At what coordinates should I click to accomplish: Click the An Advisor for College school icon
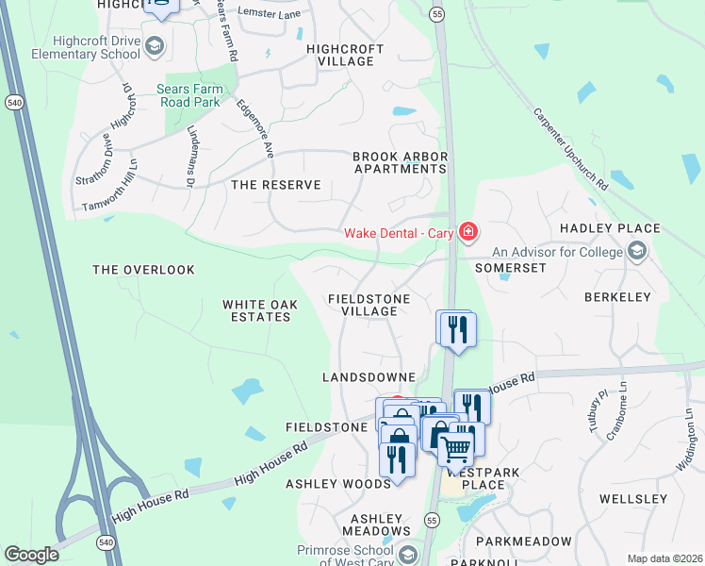tap(636, 251)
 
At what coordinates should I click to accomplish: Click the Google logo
tap(31, 555)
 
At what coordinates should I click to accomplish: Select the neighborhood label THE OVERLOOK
tap(143, 270)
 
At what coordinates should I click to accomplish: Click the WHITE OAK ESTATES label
tap(256, 310)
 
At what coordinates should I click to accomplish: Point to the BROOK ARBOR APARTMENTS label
tap(399, 162)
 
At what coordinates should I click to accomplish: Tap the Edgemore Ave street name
tap(254, 128)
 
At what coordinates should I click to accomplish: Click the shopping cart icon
tap(457, 447)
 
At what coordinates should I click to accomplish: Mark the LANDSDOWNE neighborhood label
tap(369, 376)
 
